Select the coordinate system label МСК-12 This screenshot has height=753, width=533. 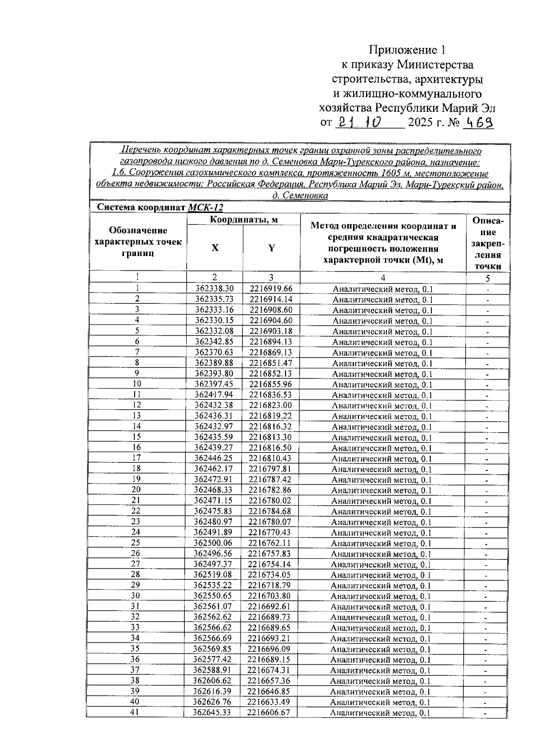pyautogui.click(x=205, y=207)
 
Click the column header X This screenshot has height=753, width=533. pyautogui.click(x=215, y=248)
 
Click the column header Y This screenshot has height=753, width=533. pyautogui.click(x=271, y=248)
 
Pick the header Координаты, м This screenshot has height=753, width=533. pyautogui.click(x=243, y=220)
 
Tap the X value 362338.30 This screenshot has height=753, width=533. pyautogui.click(x=215, y=289)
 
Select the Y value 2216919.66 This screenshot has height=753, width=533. pyautogui.click(x=271, y=289)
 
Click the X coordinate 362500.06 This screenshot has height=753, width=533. pyautogui.click(x=213, y=543)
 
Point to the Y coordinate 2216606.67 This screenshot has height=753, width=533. pyautogui.click(x=269, y=713)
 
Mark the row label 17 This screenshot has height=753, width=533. pyautogui.click(x=136, y=458)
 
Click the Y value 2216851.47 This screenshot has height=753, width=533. pyautogui.click(x=270, y=363)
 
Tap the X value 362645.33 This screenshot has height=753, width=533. pyautogui.click(x=212, y=713)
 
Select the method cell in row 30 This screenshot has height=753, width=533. pyautogui.click(x=381, y=596)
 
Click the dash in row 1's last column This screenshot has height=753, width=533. pyautogui.click(x=488, y=289)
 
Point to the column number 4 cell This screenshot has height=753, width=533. pyautogui.click(x=383, y=278)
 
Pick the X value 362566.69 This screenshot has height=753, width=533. pyautogui.click(x=213, y=639)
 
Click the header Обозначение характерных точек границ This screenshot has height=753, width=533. pyautogui.click(x=138, y=242)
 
